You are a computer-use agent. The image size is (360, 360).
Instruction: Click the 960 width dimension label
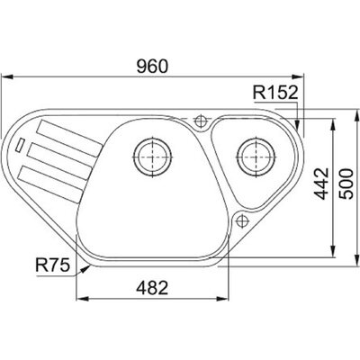[152, 67]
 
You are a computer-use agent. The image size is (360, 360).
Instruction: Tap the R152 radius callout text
[275, 93]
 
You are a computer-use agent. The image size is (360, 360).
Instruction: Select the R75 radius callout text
[52, 265]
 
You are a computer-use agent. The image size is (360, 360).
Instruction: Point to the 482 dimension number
[152, 288]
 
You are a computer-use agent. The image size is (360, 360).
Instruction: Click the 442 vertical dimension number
[321, 184]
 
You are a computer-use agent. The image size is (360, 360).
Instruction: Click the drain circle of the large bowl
[152, 157]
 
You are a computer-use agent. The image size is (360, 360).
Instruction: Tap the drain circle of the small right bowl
[256, 157]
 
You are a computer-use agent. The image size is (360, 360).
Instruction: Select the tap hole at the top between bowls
[200, 121]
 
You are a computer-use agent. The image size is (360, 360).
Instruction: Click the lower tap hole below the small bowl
[241, 221]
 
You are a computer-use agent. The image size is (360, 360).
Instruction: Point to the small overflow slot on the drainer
[20, 145]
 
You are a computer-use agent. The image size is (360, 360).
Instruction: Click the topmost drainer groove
[69, 138]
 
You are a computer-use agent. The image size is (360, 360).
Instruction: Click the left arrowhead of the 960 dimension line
[7, 76]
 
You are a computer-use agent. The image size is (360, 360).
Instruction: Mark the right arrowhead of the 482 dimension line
[222, 299]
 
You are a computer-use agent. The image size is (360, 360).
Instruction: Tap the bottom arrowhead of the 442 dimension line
[333, 251]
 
